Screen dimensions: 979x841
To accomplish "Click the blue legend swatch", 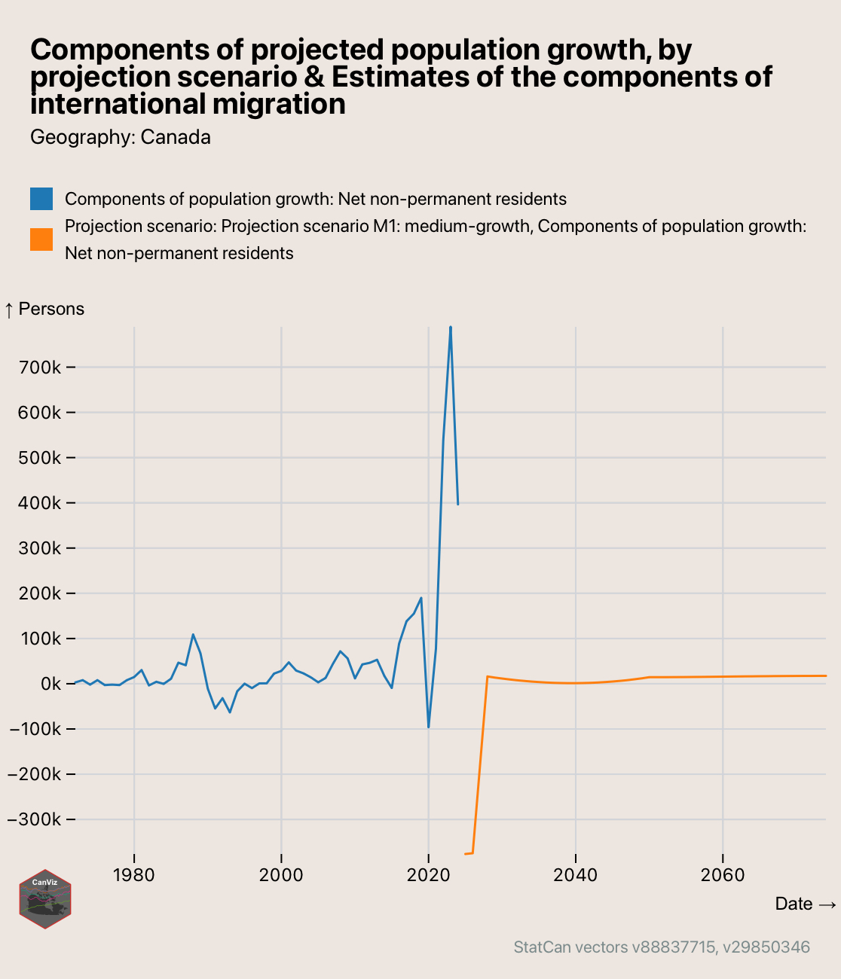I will click(x=41, y=199).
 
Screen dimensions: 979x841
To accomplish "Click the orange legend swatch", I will click(x=41, y=239).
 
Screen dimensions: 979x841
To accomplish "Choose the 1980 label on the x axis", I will click(x=134, y=875).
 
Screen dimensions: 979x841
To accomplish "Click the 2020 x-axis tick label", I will click(x=428, y=875).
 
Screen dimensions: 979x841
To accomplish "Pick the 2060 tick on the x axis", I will click(x=723, y=875).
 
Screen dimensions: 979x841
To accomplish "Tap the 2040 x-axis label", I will click(x=575, y=875).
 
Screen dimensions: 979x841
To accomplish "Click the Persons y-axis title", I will click(x=44, y=309).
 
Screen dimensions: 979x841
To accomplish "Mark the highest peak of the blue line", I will click(x=451, y=328).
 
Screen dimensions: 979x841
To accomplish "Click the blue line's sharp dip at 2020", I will click(x=428, y=727).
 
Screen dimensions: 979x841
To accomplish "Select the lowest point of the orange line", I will click(x=466, y=854).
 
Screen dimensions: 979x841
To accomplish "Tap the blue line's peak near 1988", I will click(x=193, y=635).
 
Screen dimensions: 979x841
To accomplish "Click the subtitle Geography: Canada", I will click(x=121, y=137).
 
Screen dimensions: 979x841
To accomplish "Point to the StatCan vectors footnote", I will click(x=662, y=947).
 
